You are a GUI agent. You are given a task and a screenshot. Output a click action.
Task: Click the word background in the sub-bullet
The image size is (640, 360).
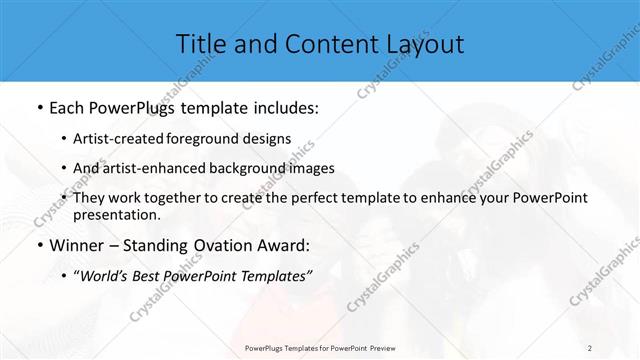[248, 168]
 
